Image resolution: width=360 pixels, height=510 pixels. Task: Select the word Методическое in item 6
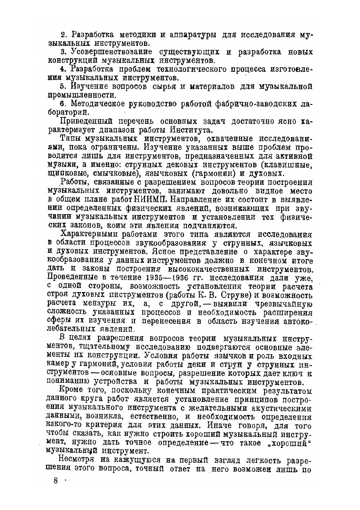pyautogui.click(x=95, y=104)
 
